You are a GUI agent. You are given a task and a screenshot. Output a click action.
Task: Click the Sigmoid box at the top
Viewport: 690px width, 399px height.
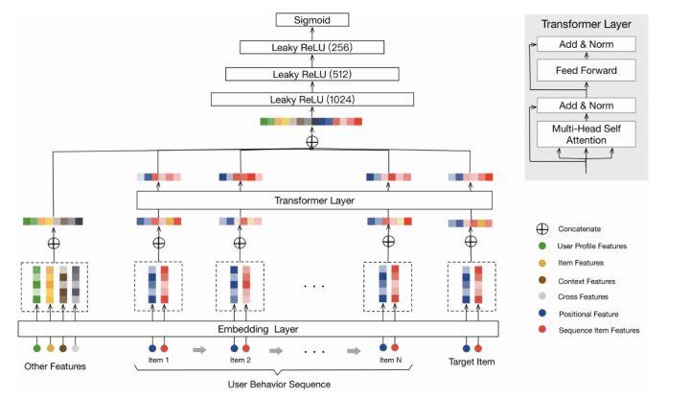[x=311, y=19]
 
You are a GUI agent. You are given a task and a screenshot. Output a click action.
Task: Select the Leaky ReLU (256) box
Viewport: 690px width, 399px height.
[x=311, y=46]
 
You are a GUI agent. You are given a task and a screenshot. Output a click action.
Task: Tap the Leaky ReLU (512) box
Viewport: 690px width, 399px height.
[x=311, y=73]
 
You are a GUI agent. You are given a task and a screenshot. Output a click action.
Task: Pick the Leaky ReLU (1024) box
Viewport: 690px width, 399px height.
[x=311, y=100]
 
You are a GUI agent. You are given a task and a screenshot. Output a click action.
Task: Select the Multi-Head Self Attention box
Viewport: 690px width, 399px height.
[x=586, y=133]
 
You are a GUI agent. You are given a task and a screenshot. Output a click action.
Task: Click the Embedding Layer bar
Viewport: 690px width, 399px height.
[x=259, y=328]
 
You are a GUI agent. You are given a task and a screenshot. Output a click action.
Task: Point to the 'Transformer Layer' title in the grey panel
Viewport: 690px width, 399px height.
[x=586, y=23]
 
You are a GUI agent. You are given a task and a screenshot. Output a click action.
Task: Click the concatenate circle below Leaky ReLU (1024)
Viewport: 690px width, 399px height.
[x=311, y=141]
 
